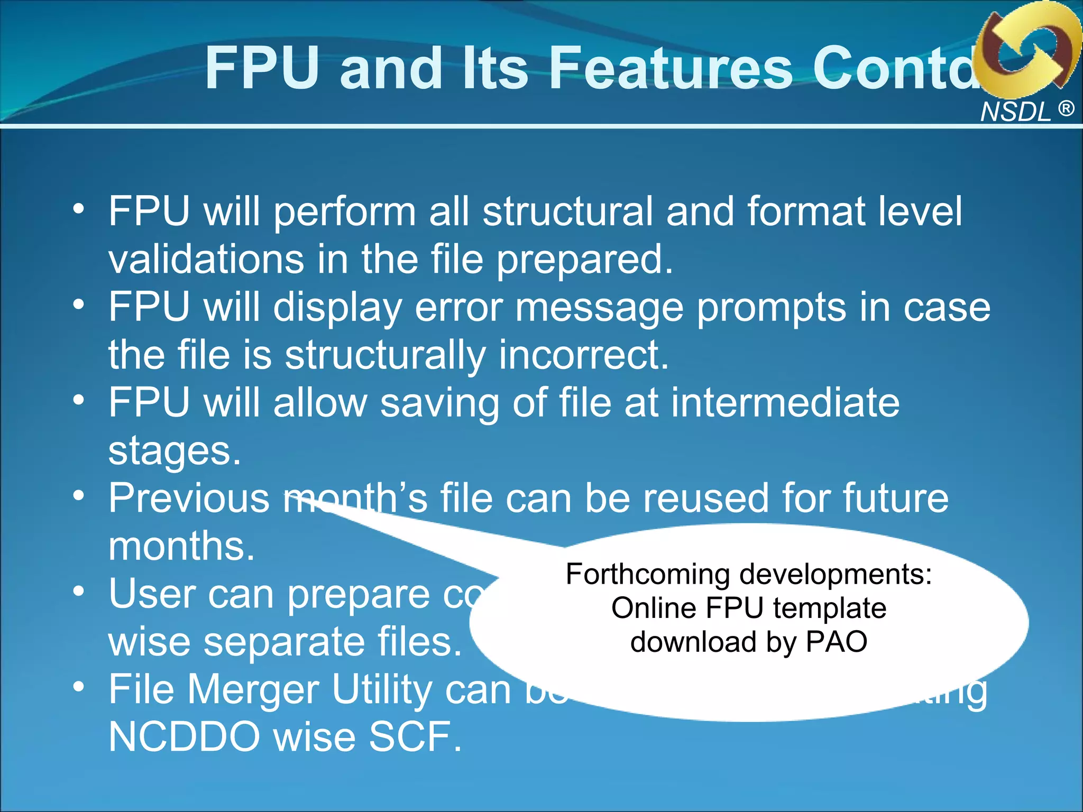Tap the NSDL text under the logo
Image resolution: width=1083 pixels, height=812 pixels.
[x=1015, y=112]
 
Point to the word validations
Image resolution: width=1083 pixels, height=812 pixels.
[x=206, y=259]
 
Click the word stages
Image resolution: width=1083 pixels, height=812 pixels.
[x=175, y=451]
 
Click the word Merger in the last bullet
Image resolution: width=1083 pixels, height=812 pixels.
[x=254, y=689]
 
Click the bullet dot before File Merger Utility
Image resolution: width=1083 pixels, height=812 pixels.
[x=79, y=687]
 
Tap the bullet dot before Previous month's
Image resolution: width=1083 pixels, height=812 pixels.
[x=79, y=495]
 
